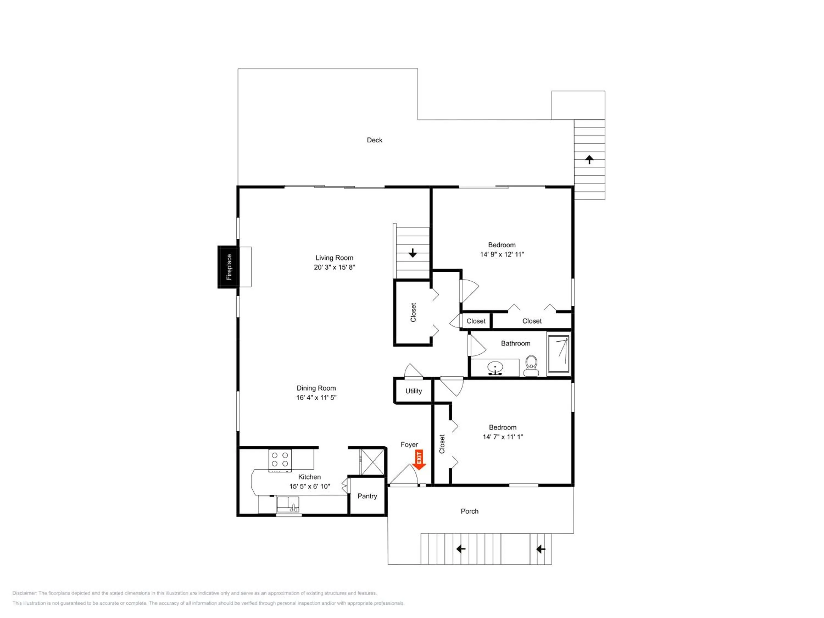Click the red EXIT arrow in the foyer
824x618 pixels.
(x=419, y=460)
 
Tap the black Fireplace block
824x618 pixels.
(x=228, y=267)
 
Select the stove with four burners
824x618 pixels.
(x=280, y=460)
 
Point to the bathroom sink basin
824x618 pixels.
(x=495, y=368)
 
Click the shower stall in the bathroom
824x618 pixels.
(x=558, y=354)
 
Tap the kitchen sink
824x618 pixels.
(x=288, y=505)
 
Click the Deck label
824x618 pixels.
(x=374, y=140)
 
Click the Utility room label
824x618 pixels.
(x=413, y=391)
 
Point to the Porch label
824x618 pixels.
(x=469, y=511)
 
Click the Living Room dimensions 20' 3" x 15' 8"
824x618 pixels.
(x=334, y=267)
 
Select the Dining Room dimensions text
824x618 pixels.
(x=316, y=397)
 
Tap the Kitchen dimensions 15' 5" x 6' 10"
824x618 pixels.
(x=310, y=486)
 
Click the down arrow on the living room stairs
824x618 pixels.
(x=412, y=253)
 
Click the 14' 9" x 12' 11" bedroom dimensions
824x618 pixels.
(x=502, y=254)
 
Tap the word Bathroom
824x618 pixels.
(x=516, y=343)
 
